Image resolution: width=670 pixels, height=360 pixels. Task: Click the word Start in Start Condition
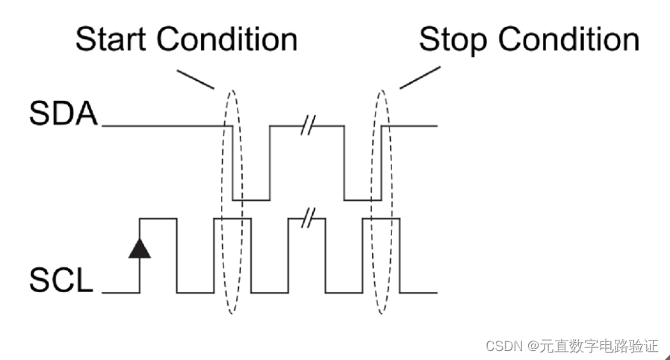(x=113, y=40)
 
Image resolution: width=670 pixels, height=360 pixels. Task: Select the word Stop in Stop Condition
(x=453, y=40)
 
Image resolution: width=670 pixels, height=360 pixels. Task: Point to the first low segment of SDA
(x=251, y=200)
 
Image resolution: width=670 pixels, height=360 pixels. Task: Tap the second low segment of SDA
(x=362, y=200)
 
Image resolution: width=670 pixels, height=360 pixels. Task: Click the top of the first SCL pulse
(x=158, y=218)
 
